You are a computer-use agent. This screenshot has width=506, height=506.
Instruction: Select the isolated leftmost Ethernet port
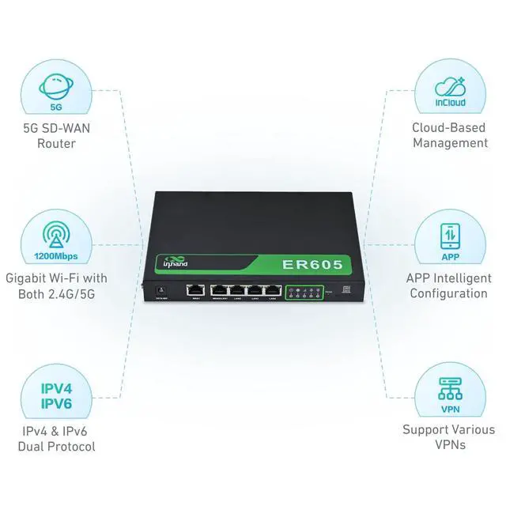(194, 289)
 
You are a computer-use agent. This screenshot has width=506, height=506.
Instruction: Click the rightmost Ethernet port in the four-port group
(273, 290)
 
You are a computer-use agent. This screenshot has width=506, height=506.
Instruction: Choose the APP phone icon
(450, 236)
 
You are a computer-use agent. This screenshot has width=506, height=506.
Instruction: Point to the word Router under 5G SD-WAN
(56, 143)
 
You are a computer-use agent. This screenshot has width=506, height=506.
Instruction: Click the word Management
(450, 143)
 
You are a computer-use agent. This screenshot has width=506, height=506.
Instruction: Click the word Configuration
(449, 293)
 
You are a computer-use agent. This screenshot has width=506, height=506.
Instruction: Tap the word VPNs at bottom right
(449, 444)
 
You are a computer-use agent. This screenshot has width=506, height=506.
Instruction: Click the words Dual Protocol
(56, 447)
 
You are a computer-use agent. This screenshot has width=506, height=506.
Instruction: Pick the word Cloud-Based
(449, 127)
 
